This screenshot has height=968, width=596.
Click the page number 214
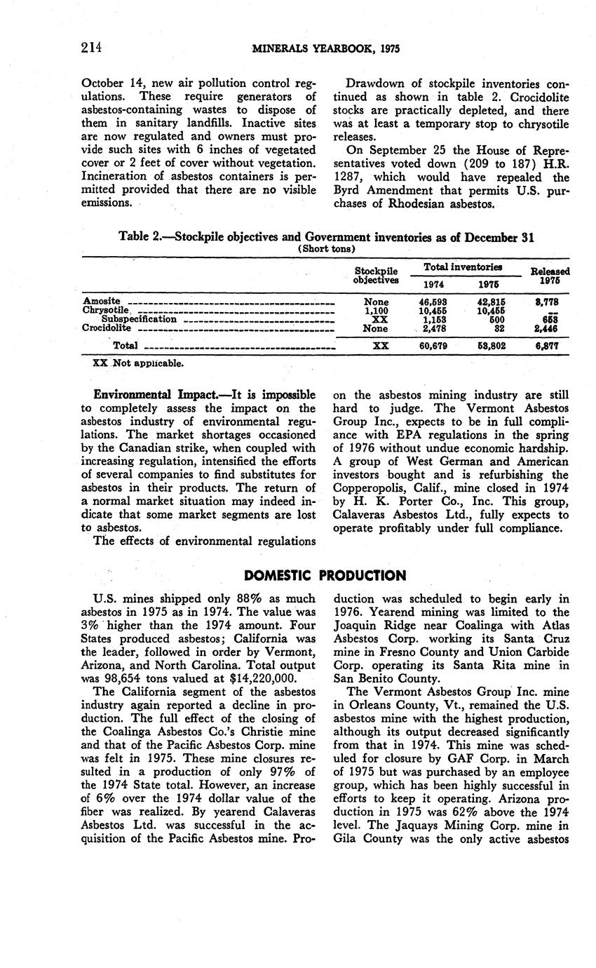[x=92, y=48]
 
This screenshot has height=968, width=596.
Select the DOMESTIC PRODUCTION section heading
[x=325, y=576]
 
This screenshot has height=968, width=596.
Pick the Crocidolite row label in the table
[x=107, y=327]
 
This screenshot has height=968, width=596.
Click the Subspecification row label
[x=139, y=318]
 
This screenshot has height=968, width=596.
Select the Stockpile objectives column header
[x=377, y=275]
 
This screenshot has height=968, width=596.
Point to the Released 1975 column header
[x=550, y=275]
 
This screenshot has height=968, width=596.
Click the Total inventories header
[x=462, y=267]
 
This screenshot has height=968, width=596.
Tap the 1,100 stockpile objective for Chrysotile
[x=377, y=309]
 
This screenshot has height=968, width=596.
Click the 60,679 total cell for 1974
[x=428, y=345]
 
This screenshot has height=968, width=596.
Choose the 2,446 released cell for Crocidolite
[x=545, y=327]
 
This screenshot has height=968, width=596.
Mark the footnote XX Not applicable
[x=138, y=363]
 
